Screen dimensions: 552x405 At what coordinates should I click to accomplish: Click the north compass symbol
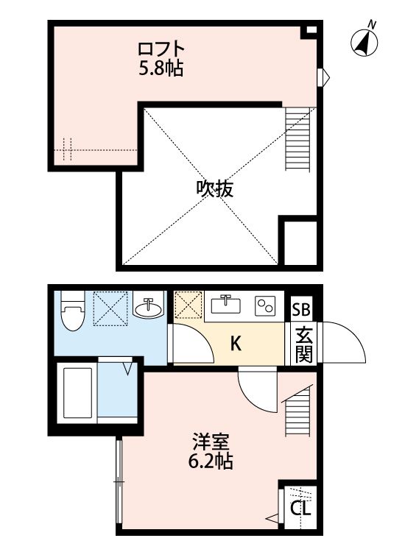(x=364, y=41)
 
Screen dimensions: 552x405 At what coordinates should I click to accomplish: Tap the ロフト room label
(x=161, y=49)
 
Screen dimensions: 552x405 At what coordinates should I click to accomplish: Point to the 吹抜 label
(x=214, y=189)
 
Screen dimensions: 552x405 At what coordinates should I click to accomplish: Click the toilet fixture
(x=72, y=312)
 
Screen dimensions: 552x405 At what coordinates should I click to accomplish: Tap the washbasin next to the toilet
(x=149, y=308)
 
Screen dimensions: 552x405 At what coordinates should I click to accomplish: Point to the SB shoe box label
(x=302, y=309)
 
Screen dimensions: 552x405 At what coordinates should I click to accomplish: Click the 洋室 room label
(x=212, y=443)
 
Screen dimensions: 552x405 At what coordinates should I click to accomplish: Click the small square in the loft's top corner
(x=311, y=30)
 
